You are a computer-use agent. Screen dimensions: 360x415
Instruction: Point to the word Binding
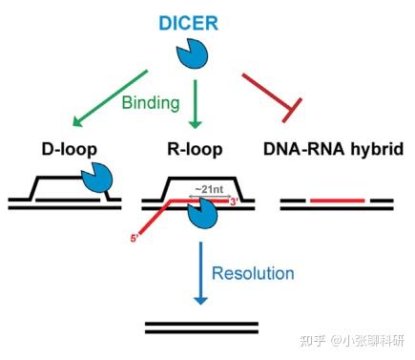(x=152, y=101)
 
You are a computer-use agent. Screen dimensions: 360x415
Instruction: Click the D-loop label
(x=69, y=150)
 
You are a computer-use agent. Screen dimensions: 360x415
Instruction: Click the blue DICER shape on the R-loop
(x=201, y=214)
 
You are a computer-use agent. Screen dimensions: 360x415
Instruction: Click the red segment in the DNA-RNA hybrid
(x=336, y=201)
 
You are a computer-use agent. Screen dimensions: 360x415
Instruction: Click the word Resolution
(x=253, y=274)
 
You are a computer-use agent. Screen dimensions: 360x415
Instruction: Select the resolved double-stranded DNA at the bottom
(x=200, y=328)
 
